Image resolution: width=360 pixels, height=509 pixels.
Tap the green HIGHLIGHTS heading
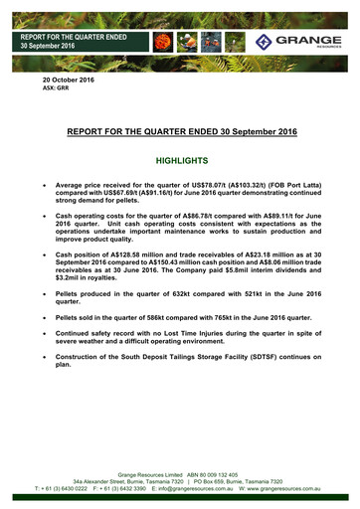[180, 160]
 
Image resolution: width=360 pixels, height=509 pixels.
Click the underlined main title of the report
[180, 130]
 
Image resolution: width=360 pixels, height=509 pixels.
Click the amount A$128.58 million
[138, 254]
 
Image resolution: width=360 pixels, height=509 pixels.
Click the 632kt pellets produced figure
[196, 295]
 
